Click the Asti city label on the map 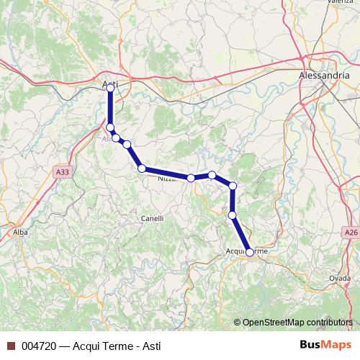coord(110,85)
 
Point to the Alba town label coord(20,233)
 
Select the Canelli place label coord(152,218)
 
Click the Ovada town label coord(340,278)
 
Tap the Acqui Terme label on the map coord(247,251)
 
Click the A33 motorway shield coord(63,173)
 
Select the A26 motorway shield coord(351,233)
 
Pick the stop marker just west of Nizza coord(142,168)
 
